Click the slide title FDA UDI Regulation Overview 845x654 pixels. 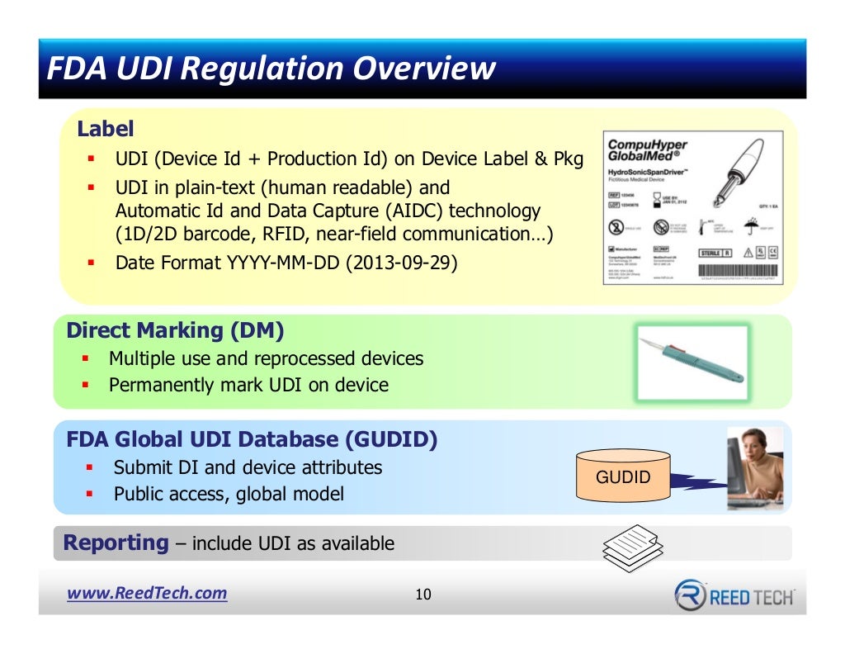coord(271,68)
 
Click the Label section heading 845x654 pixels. coord(105,130)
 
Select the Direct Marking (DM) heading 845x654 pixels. coord(175,331)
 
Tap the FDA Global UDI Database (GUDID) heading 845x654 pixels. coord(252,439)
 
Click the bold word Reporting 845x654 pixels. coord(116,543)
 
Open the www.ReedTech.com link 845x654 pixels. coord(147,594)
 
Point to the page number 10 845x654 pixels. coord(422,595)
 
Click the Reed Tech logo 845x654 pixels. coord(734,595)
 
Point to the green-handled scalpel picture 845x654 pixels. coord(693,363)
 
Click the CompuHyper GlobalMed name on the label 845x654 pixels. coord(648,150)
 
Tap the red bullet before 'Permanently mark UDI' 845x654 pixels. coord(86,386)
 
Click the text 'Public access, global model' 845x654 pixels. coord(229,495)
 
